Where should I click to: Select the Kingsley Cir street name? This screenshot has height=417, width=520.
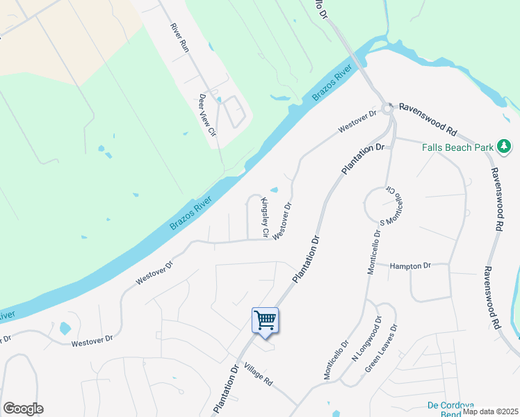click(264, 218)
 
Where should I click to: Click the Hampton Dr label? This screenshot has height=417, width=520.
click(410, 265)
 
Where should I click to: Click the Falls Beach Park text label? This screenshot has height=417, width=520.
click(457, 147)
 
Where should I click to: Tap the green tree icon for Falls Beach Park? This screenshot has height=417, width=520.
click(504, 147)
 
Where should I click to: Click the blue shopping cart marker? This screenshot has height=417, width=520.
click(265, 321)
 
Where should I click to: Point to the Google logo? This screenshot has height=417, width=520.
click(23, 409)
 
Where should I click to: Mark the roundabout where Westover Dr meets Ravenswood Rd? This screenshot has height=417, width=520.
click(387, 108)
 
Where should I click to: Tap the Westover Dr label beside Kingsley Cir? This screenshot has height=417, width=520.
click(282, 221)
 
